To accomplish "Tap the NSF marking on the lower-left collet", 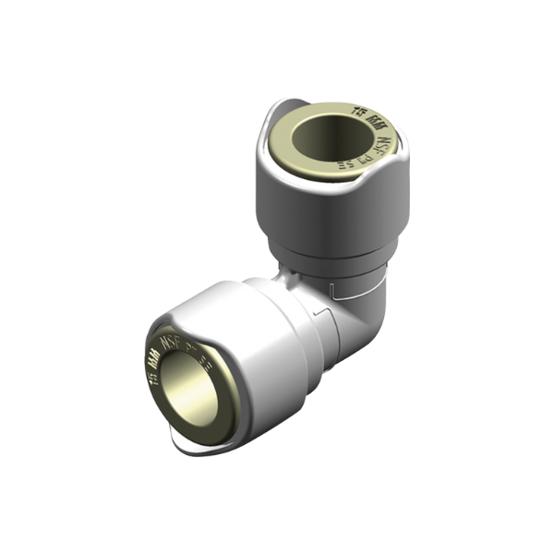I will (x=171, y=342).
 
